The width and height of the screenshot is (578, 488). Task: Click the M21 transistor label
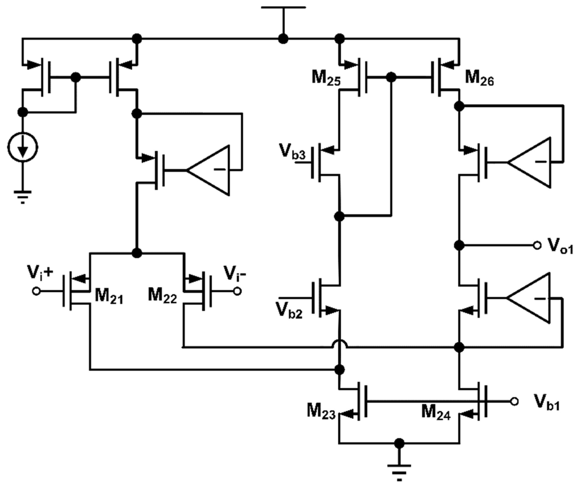click(109, 297)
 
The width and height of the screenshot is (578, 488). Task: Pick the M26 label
click(479, 78)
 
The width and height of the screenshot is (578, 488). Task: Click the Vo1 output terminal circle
click(537, 245)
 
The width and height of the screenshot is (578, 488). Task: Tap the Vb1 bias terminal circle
click(514, 401)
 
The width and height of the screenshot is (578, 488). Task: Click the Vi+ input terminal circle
click(36, 291)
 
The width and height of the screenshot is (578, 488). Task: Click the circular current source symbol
click(23, 148)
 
